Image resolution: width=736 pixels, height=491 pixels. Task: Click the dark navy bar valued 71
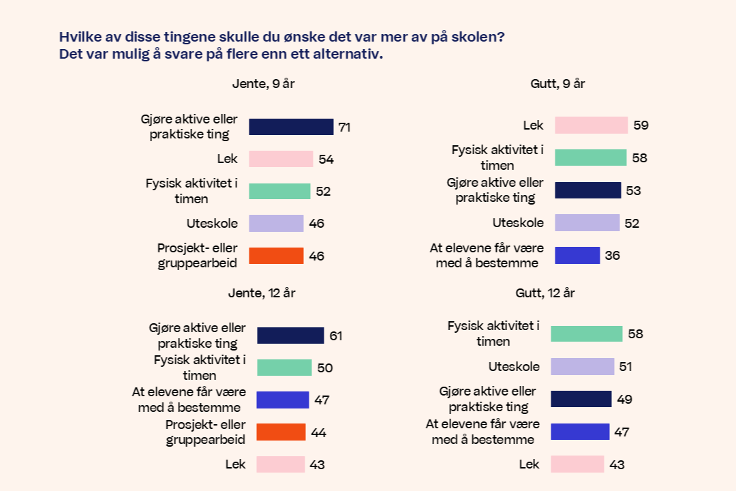pyautogui.click(x=291, y=127)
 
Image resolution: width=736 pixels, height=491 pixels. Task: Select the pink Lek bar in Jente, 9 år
pyautogui.click(x=281, y=159)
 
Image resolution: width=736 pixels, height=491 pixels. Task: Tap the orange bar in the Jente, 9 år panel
pyautogui.click(x=276, y=256)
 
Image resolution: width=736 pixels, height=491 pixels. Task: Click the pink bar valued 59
pyautogui.click(x=591, y=125)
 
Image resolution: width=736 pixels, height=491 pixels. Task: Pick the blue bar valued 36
pyautogui.click(x=577, y=256)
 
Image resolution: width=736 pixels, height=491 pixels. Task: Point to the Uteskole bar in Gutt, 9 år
pyautogui.click(x=587, y=223)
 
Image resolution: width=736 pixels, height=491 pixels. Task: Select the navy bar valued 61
pyautogui.click(x=290, y=336)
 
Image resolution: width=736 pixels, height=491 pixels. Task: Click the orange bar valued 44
pyautogui.click(x=281, y=432)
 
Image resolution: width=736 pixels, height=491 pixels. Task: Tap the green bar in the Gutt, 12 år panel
pyautogui.click(x=586, y=333)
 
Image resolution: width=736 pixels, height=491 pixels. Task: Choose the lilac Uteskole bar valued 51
pyautogui.click(x=582, y=366)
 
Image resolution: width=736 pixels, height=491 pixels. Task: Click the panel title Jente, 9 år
pyautogui.click(x=263, y=84)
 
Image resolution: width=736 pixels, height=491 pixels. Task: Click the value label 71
pyautogui.click(x=344, y=128)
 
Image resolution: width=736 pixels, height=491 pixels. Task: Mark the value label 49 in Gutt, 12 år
pyautogui.click(x=624, y=400)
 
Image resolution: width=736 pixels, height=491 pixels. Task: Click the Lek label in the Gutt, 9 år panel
pyautogui.click(x=533, y=125)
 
